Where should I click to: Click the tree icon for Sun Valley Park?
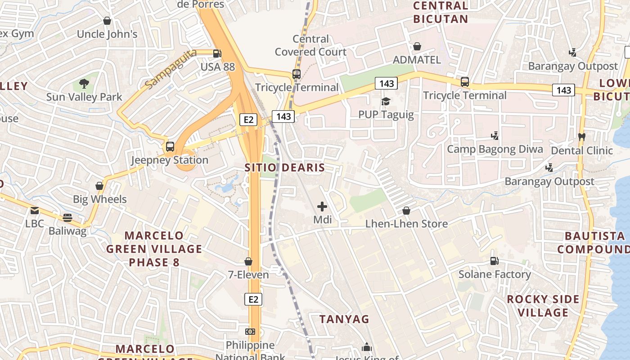[x=84, y=83]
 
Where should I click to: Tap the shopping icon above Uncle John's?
[x=107, y=21]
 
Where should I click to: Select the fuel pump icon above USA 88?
[x=217, y=53]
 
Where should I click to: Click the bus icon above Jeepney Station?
[x=170, y=146]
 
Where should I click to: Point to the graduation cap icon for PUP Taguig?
[x=386, y=101]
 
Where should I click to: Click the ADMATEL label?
[x=417, y=60]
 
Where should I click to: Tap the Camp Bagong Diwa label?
[x=495, y=149]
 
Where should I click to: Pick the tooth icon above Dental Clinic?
[x=581, y=136]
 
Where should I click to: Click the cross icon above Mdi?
[x=322, y=207]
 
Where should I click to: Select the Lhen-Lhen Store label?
[x=406, y=224]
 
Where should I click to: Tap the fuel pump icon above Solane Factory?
[x=494, y=261]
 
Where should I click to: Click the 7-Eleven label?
[x=248, y=274]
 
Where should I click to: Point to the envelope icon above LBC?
[x=35, y=210]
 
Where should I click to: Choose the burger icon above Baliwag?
[x=67, y=218]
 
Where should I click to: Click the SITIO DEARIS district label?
[x=284, y=168]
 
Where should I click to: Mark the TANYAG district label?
[x=344, y=319]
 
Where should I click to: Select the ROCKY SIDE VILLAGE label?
[x=543, y=306]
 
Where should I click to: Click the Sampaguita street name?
[x=171, y=69]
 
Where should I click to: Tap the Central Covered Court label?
[x=310, y=45]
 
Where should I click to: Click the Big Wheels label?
[x=100, y=199]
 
